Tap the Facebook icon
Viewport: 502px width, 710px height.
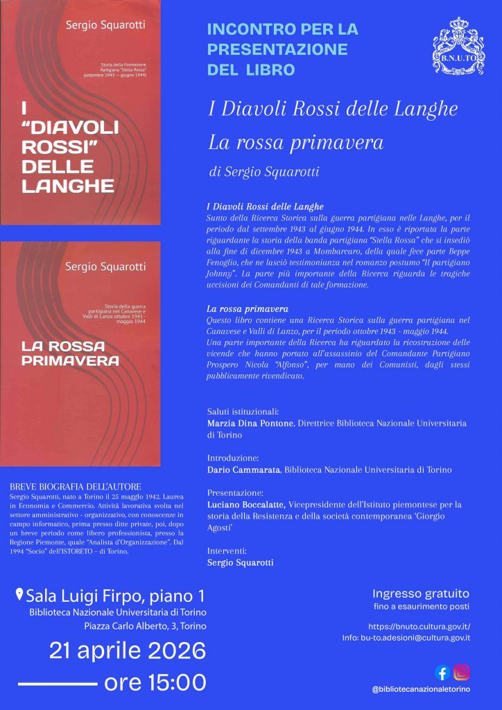[442, 672]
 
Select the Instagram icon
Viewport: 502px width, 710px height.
[462, 672]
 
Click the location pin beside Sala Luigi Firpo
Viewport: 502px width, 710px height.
[20, 595]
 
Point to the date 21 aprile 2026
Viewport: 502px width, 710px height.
[127, 651]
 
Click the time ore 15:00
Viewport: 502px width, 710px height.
[155, 682]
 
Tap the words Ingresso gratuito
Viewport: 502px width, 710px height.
[421, 594]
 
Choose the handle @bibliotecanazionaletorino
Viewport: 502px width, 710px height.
[421, 689]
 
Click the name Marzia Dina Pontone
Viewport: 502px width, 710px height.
[250, 423]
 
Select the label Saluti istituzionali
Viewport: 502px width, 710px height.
[243, 411]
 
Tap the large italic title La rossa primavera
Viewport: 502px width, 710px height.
[295, 143]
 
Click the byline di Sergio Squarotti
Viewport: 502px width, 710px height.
[263, 172]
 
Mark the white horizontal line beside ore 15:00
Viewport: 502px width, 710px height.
[57, 684]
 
